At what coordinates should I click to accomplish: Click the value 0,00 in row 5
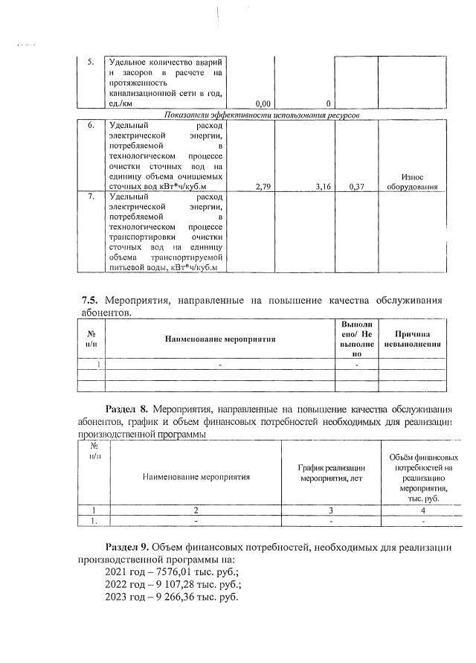pyautogui.click(x=262, y=103)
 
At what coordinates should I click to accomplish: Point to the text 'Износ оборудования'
pyautogui.click(x=411, y=182)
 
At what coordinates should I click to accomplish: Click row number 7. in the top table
pyautogui.click(x=91, y=197)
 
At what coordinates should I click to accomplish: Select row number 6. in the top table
pyautogui.click(x=91, y=126)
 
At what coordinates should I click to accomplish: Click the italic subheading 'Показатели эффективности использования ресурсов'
pyautogui.click(x=263, y=117)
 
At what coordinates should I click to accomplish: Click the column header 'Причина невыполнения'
pyautogui.click(x=412, y=339)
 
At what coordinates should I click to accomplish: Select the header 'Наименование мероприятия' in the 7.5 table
pyautogui.click(x=220, y=339)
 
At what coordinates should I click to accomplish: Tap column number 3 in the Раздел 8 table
pyautogui.click(x=331, y=510)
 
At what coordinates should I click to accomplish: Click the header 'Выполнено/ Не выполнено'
pyautogui.click(x=356, y=339)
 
